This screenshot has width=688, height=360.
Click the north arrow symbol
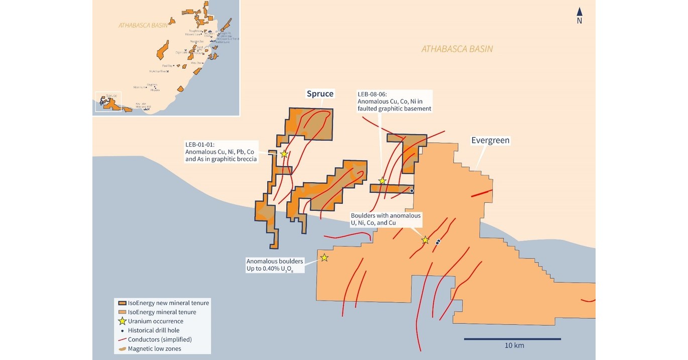pyautogui.click(x=579, y=12)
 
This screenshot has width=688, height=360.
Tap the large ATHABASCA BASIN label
pyautogui.click(x=457, y=49)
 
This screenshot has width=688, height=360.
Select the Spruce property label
pyautogui.click(x=320, y=94)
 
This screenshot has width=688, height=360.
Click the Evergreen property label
pyautogui.click(x=490, y=141)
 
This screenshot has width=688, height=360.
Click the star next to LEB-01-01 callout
pyautogui.click(x=284, y=154)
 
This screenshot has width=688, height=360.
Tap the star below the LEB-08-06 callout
pyautogui.click(x=382, y=181)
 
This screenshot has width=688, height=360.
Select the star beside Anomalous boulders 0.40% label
pyautogui.click(x=324, y=258)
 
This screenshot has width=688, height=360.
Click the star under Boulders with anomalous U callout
pyautogui.click(x=425, y=240)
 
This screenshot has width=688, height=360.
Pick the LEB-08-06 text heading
pyautogui.click(x=373, y=93)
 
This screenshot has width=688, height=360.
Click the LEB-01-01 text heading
pyautogui.click(x=200, y=144)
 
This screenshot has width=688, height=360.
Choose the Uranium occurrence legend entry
pyautogui.click(x=155, y=321)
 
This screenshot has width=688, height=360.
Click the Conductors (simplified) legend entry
pyautogui.click(x=159, y=339)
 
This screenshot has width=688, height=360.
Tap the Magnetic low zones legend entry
pyautogui.click(x=154, y=348)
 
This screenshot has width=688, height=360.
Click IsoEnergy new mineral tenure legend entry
pyautogui.click(x=168, y=303)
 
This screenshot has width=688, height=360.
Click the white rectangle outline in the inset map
pyautogui.click(x=108, y=102)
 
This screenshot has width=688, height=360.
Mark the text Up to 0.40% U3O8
pyautogui.click(x=270, y=270)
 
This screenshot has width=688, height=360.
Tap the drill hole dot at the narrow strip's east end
pyautogui.click(x=412, y=191)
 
